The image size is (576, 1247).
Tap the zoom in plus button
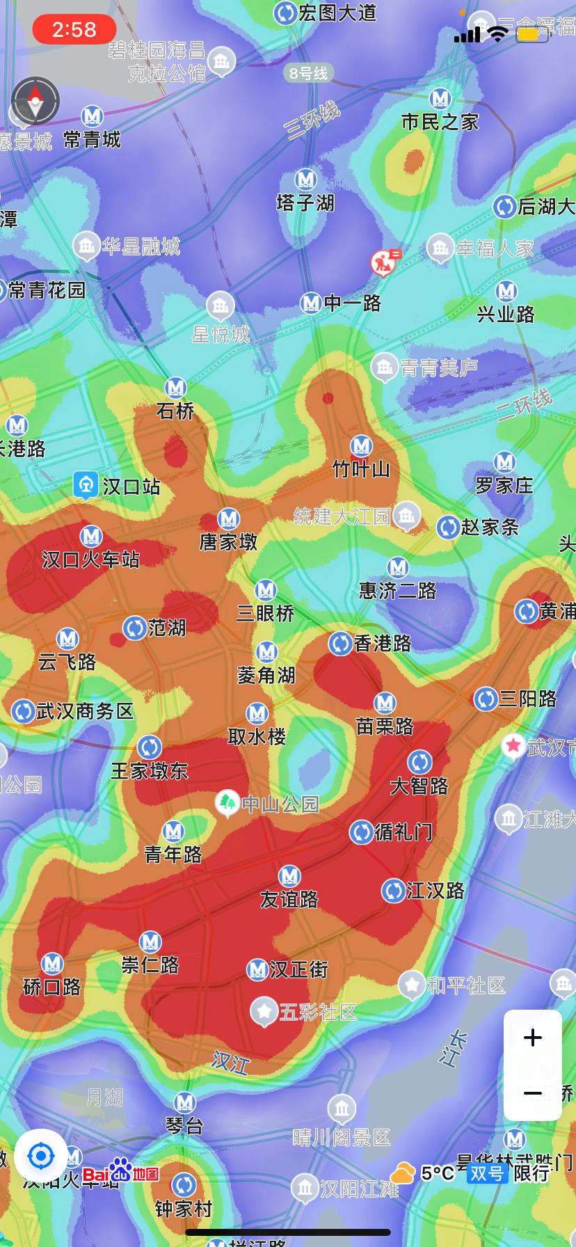532,1038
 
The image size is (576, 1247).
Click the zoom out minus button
532,1093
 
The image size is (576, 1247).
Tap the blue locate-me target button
40,1157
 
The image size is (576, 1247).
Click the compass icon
35,101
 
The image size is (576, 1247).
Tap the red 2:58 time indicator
74,29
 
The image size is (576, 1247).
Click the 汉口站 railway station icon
86,485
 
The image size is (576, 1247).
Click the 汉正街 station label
298,969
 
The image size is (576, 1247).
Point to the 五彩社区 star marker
264,1011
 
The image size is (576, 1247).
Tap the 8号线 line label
308,73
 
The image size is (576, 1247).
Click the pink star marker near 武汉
513,746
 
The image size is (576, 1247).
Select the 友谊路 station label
289,899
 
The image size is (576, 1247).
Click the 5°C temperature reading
437,1173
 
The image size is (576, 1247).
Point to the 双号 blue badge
486,1173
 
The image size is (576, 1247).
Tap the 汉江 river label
230,1062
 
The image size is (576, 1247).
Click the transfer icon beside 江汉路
394,890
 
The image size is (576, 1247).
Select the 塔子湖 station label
305,202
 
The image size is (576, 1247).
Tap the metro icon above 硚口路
52,964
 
